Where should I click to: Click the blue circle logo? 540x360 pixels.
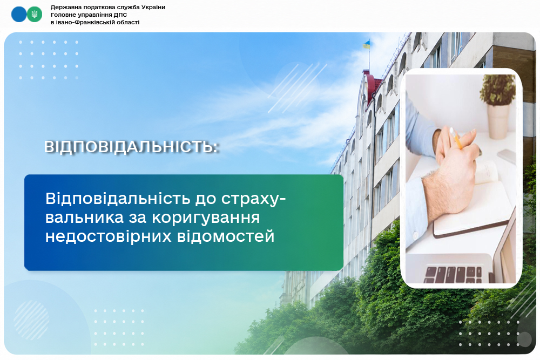point(19,15)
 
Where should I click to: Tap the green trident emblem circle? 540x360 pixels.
point(35,15)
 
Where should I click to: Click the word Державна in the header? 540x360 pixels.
point(64,7)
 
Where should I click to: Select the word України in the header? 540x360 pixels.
point(153,7)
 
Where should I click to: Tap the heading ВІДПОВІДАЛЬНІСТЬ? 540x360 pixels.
point(132,147)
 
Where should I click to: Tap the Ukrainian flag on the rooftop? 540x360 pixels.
point(366,44)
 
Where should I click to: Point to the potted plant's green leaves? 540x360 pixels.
point(497,90)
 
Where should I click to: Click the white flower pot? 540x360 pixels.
point(498,121)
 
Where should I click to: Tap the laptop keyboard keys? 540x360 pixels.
point(453,274)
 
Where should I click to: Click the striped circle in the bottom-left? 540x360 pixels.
point(31,320)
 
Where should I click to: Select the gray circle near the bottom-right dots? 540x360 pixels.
point(524,339)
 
